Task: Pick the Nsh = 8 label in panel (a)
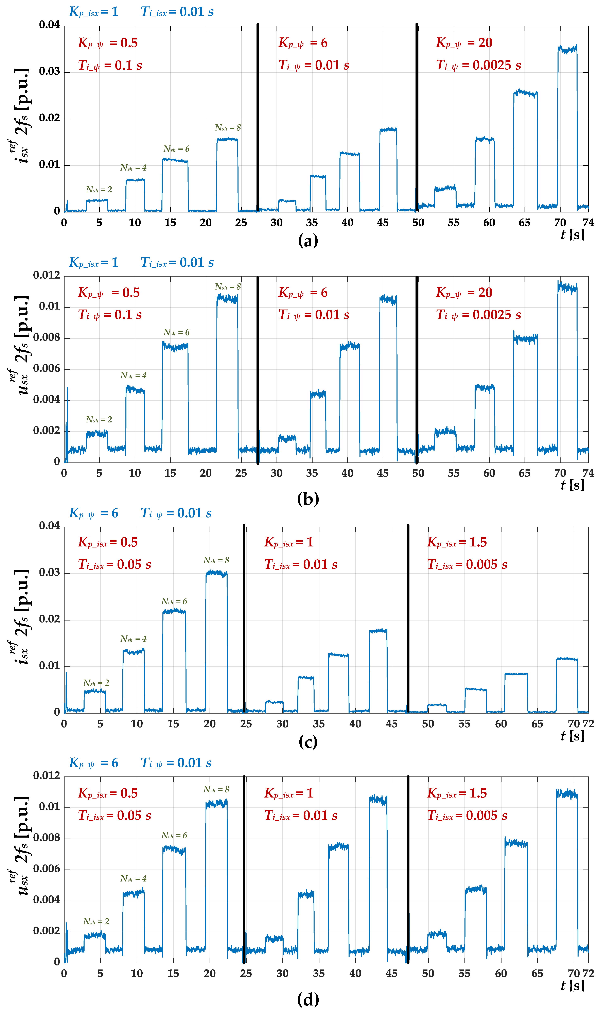pos(228,128)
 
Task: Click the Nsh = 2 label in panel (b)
pos(99,420)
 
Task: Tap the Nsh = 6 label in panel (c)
pos(174,601)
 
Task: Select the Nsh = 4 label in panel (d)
pos(133,879)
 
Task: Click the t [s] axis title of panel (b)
pos(572,485)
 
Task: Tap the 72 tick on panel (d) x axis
pos(588,974)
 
